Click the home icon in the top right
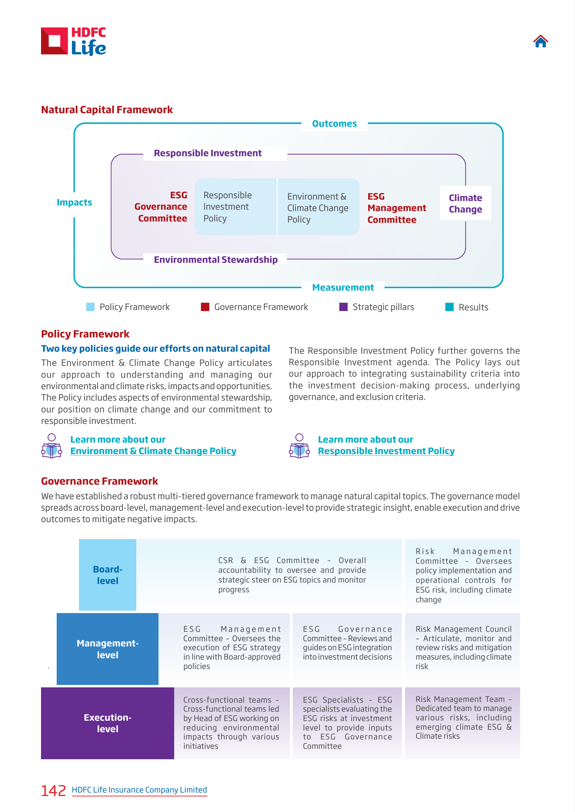tap(540, 41)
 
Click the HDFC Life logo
tap(74, 41)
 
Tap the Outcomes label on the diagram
tap(334, 124)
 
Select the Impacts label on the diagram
tap(74, 202)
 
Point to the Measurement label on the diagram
tap(343, 287)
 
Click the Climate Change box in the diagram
tap(465, 203)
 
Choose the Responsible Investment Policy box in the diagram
tap(235, 207)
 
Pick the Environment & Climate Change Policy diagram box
tap(318, 207)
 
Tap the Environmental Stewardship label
tap(216, 259)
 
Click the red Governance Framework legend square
tap(205, 307)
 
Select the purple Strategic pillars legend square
tap(343, 307)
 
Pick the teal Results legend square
tap(449, 307)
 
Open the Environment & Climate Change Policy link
tap(153, 451)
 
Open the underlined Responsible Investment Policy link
tap(386, 451)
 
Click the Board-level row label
tap(108, 575)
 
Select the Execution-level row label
tap(108, 723)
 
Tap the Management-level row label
tap(108, 648)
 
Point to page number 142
tap(54, 790)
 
